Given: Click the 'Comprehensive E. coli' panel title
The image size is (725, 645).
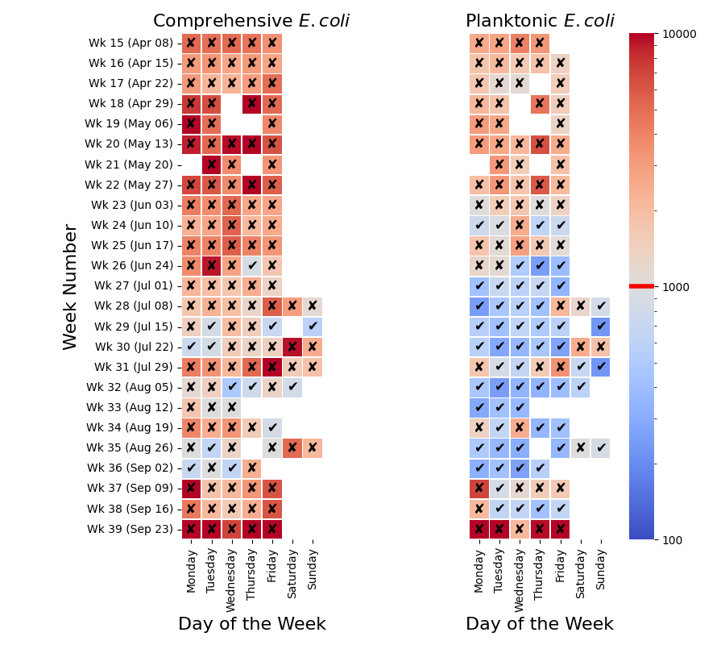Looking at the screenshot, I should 251,21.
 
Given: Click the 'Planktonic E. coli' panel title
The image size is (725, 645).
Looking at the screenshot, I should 540,21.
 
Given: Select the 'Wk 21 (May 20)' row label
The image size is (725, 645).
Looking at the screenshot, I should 130,164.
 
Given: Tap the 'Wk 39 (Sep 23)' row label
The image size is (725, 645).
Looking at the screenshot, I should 130,530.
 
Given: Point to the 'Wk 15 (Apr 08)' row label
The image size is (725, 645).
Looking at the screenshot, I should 130,43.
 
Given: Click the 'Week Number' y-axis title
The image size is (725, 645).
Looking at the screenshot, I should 71,286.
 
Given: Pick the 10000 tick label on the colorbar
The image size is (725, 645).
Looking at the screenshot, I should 679,34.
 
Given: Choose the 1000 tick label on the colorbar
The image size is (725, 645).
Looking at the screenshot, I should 676,287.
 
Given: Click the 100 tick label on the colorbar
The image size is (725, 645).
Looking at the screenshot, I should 673,540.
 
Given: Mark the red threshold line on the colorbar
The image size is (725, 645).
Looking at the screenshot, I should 641,286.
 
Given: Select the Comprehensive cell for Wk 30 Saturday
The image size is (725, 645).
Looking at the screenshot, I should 292,347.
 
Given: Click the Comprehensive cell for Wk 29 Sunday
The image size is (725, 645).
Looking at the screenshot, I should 313,327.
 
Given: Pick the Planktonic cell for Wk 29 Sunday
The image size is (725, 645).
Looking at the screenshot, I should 600,327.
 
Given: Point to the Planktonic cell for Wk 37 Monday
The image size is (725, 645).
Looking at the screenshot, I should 479,489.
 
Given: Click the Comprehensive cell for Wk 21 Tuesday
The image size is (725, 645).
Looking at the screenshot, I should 211,164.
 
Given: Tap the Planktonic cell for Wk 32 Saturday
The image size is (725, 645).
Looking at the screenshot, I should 580,387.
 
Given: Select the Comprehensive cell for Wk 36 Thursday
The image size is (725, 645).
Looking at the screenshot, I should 251,468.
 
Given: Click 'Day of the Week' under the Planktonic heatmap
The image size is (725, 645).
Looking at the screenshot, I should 540,624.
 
